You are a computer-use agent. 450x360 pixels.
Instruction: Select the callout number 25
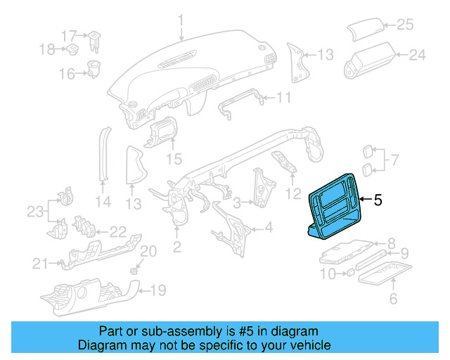(x=405, y=25)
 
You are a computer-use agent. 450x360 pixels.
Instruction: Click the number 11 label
(x=283, y=97)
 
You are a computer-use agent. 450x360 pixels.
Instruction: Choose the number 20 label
(x=148, y=252)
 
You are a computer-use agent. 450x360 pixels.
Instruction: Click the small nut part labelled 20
(x=134, y=270)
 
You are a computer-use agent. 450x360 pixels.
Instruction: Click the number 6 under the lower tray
(x=393, y=299)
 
